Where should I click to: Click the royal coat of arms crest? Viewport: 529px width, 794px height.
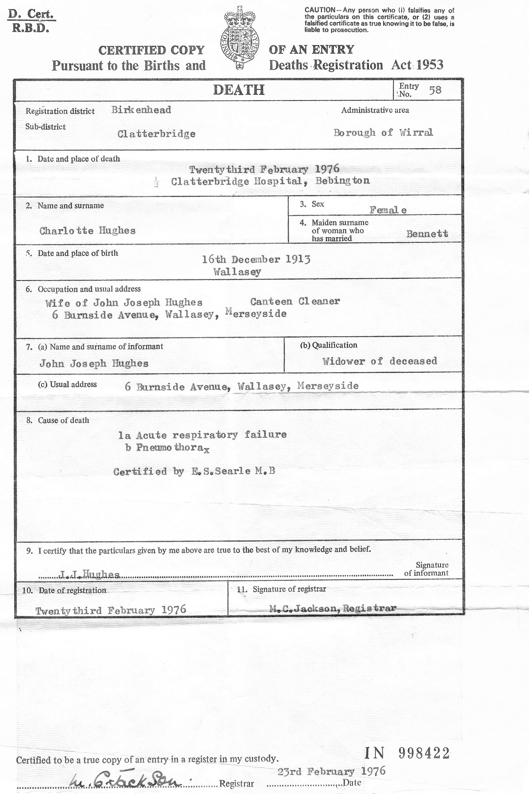(240, 37)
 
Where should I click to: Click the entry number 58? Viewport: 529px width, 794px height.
(435, 90)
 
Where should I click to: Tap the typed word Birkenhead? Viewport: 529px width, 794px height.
(141, 110)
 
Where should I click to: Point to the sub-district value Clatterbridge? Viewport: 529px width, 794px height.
(156, 134)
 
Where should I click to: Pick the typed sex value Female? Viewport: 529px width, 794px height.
(388, 210)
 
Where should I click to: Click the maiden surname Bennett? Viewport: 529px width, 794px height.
(427, 234)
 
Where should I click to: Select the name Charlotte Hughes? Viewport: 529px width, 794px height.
(87, 231)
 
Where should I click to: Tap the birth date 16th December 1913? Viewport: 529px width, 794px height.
(256, 259)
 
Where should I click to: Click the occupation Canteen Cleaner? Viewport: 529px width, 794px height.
(295, 301)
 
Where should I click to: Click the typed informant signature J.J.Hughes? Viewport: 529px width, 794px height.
(89, 574)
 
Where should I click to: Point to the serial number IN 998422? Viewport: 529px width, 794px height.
(407, 753)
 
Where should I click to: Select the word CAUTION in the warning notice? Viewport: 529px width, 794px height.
(320, 10)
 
